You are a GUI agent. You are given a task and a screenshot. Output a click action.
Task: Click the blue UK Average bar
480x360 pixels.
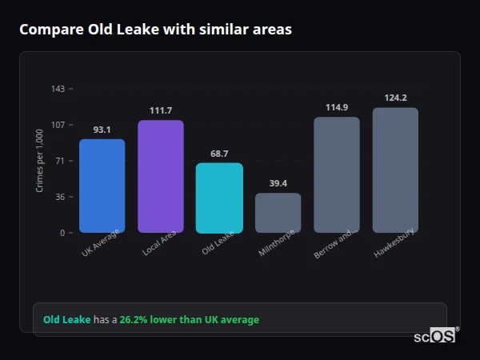(102, 186)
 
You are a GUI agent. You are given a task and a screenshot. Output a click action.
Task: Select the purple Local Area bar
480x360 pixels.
(161, 176)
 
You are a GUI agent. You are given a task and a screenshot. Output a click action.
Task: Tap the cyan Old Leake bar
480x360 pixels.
(219, 198)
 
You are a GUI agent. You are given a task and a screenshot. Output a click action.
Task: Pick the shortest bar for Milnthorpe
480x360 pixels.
(278, 213)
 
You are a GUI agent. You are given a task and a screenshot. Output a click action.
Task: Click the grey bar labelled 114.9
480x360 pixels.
(337, 174)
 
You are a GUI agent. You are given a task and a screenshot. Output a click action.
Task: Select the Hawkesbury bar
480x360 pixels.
(395, 170)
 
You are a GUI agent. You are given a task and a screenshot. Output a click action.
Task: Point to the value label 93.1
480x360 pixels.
(102, 130)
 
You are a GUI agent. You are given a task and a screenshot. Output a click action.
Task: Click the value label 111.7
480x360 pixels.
(161, 110)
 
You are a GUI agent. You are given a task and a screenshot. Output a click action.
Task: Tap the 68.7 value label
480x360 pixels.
(219, 154)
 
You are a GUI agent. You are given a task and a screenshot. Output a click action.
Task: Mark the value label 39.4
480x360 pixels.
(278, 183)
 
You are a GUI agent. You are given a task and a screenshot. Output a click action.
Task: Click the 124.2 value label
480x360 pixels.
(395, 98)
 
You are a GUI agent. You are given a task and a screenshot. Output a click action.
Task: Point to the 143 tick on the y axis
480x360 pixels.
(58, 89)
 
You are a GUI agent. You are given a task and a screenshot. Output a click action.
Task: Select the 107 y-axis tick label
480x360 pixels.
(58, 125)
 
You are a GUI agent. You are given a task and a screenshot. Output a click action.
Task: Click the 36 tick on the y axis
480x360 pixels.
(60, 197)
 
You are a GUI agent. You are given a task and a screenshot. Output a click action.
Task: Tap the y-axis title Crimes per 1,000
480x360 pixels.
(40, 160)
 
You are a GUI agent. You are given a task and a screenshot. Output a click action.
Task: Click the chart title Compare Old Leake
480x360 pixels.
(155, 30)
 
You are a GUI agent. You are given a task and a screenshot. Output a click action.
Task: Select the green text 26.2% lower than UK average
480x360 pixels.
(189, 320)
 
